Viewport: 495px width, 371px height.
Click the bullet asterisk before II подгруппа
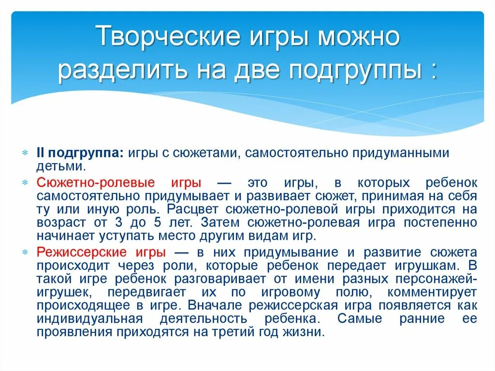(25, 153)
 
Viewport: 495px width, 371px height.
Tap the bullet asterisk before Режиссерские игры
(25, 252)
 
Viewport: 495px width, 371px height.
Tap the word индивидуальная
(89, 319)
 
